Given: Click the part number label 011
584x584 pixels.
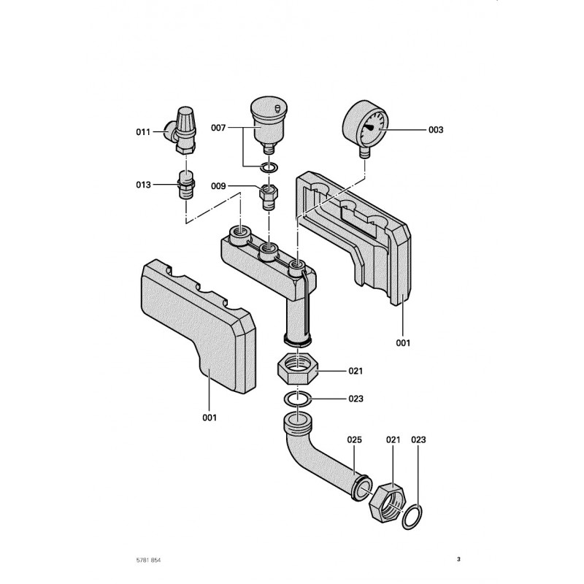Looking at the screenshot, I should (x=142, y=132).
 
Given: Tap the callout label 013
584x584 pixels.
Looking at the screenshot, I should (x=142, y=185).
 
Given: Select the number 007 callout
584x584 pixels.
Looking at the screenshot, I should (x=218, y=127).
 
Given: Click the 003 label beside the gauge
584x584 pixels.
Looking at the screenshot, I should (x=436, y=129).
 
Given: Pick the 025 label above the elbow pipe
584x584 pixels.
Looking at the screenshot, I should (x=355, y=440).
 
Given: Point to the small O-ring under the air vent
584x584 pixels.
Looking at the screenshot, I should (x=269, y=169).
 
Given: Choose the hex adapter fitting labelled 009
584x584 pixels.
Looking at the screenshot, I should (x=269, y=195).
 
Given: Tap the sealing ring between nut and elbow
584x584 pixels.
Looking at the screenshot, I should (x=297, y=399).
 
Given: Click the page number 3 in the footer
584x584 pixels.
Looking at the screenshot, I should (x=458, y=559).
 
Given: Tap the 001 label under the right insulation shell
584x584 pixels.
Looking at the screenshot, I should (x=403, y=342).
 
